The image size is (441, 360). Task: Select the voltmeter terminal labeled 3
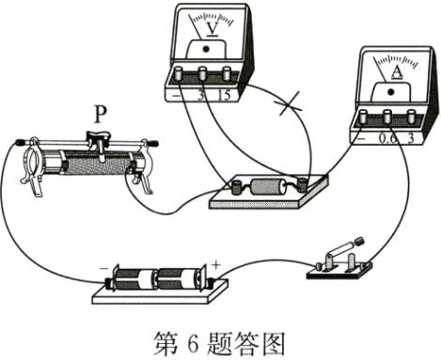pos(201,74)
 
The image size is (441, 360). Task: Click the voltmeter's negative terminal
pos(179,74)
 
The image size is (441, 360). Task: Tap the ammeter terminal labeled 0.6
pos(386,117)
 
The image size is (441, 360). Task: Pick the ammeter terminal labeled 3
pos(408,117)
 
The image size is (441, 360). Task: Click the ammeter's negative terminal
pos(363,117)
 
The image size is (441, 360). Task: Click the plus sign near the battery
pos(215,266)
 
